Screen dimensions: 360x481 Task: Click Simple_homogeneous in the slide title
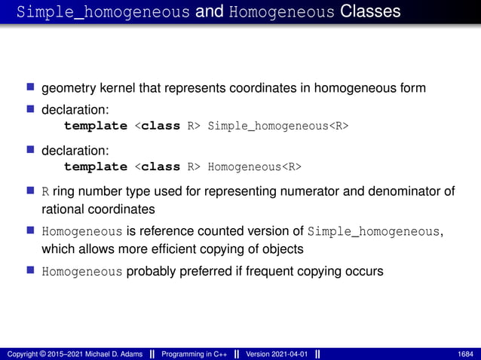pyautogui.click(x=103, y=12)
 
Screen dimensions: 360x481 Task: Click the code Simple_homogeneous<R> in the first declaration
pyautogui.click(x=277, y=125)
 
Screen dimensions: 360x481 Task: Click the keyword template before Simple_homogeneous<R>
pyautogui.click(x=96, y=125)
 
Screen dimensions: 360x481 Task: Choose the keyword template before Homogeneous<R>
pyautogui.click(x=96, y=166)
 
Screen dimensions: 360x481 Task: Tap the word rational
pyautogui.click(x=63, y=208)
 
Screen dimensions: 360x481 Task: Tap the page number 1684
pyautogui.click(x=466, y=354)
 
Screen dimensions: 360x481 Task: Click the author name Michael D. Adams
pyautogui.click(x=103, y=354)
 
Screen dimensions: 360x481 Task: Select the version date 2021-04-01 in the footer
pyautogui.click(x=291, y=354)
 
